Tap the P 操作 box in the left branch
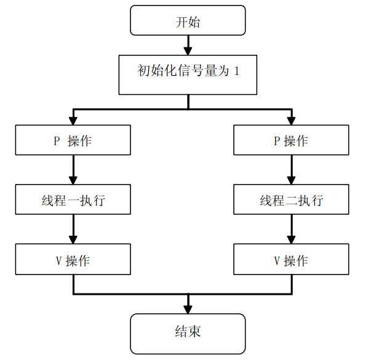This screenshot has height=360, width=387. pos(73,140)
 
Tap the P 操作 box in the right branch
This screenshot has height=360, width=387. pos(291,140)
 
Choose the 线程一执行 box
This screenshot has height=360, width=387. pos(73,200)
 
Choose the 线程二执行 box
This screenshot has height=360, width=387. pos(291,200)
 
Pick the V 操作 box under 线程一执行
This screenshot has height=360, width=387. pos(73,260)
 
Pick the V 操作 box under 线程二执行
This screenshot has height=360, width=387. pos(291,260)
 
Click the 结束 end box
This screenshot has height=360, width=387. pos(188,333)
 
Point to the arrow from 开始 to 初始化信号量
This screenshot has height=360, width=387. pos(188,45)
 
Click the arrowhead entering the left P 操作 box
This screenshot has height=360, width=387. pos(73,120)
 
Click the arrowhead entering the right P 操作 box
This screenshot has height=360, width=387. pos(291,120)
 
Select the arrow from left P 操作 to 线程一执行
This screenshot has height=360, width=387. pos(73,170)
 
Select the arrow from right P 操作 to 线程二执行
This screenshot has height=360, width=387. pos(291,170)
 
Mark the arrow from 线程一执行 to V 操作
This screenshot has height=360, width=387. pos(73,230)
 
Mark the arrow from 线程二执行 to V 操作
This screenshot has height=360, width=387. pos(291,230)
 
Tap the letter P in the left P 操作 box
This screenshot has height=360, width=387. pos(56,141)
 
